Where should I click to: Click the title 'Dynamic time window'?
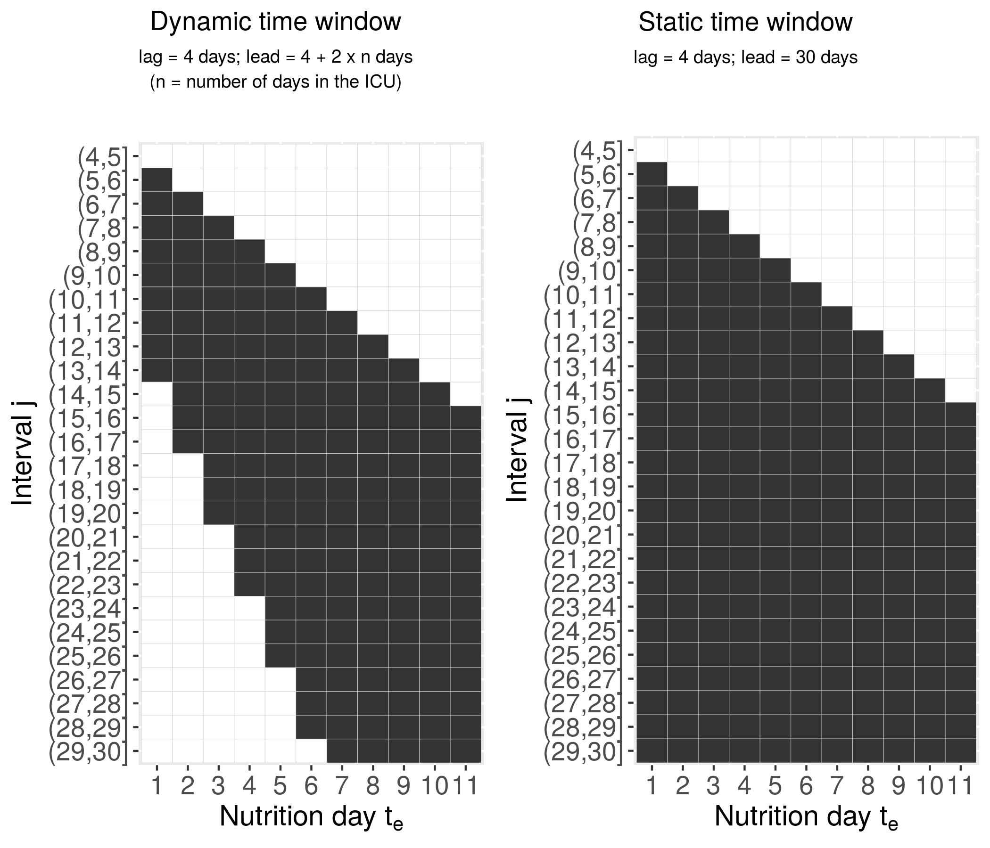[276, 22]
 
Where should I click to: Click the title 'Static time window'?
[745, 22]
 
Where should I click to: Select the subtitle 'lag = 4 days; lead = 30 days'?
[745, 57]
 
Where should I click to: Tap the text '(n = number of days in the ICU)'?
[276, 82]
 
